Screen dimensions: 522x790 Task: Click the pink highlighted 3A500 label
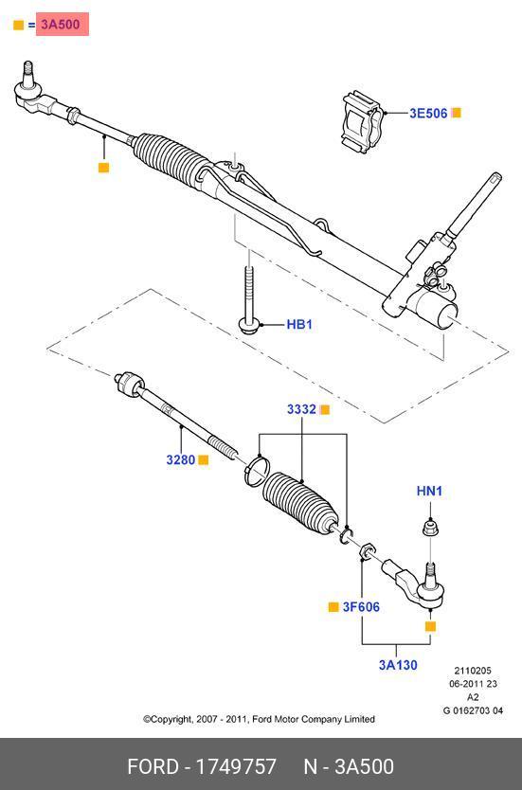pyautogui.click(x=62, y=25)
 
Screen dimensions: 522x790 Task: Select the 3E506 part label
pyautogui.click(x=428, y=113)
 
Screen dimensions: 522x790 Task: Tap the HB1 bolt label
pyautogui.click(x=299, y=325)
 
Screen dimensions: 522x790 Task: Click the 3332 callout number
pyautogui.click(x=302, y=409)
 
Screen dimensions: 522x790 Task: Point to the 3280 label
pyautogui.click(x=180, y=459)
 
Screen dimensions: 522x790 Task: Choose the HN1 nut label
pyautogui.click(x=429, y=491)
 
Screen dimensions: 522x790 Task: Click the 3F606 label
pyautogui.click(x=361, y=607)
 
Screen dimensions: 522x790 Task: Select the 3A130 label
pyautogui.click(x=398, y=665)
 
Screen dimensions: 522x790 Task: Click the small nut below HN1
pyautogui.click(x=429, y=529)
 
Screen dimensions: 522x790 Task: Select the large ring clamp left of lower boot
pyautogui.click(x=258, y=470)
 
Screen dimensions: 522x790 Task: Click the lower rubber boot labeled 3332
pyautogui.click(x=300, y=505)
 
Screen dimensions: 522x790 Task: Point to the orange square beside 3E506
pyautogui.click(x=456, y=113)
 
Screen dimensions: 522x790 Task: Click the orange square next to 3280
pyautogui.click(x=203, y=459)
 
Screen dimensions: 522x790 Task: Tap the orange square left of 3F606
pyautogui.click(x=333, y=607)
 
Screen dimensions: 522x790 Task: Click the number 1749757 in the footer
pyautogui.click(x=235, y=767)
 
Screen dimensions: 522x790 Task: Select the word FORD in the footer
pyautogui.click(x=153, y=767)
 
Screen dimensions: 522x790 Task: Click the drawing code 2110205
pyautogui.click(x=473, y=671)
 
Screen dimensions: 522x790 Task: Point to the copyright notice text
pyautogui.click(x=259, y=719)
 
